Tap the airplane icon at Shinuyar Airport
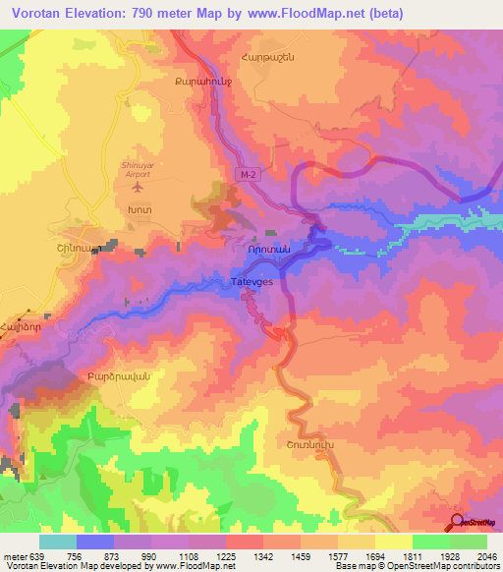click(138, 186)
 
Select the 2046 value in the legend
click(484, 556)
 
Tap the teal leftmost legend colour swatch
click(58, 542)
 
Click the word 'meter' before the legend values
click(16, 556)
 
